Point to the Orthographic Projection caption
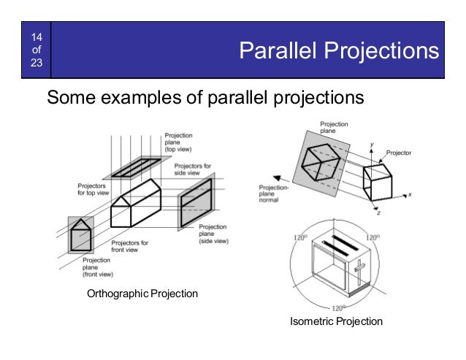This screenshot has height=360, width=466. click(x=142, y=294)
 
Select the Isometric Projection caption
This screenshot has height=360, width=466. click(x=336, y=321)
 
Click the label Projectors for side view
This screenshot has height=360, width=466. click(x=192, y=170)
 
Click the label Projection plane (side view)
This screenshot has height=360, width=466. click(x=213, y=234)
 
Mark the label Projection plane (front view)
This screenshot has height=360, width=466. click(x=96, y=267)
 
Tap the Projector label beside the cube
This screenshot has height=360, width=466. click(x=399, y=153)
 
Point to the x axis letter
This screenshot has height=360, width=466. click(x=410, y=195)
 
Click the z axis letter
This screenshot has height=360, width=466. click(x=378, y=212)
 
